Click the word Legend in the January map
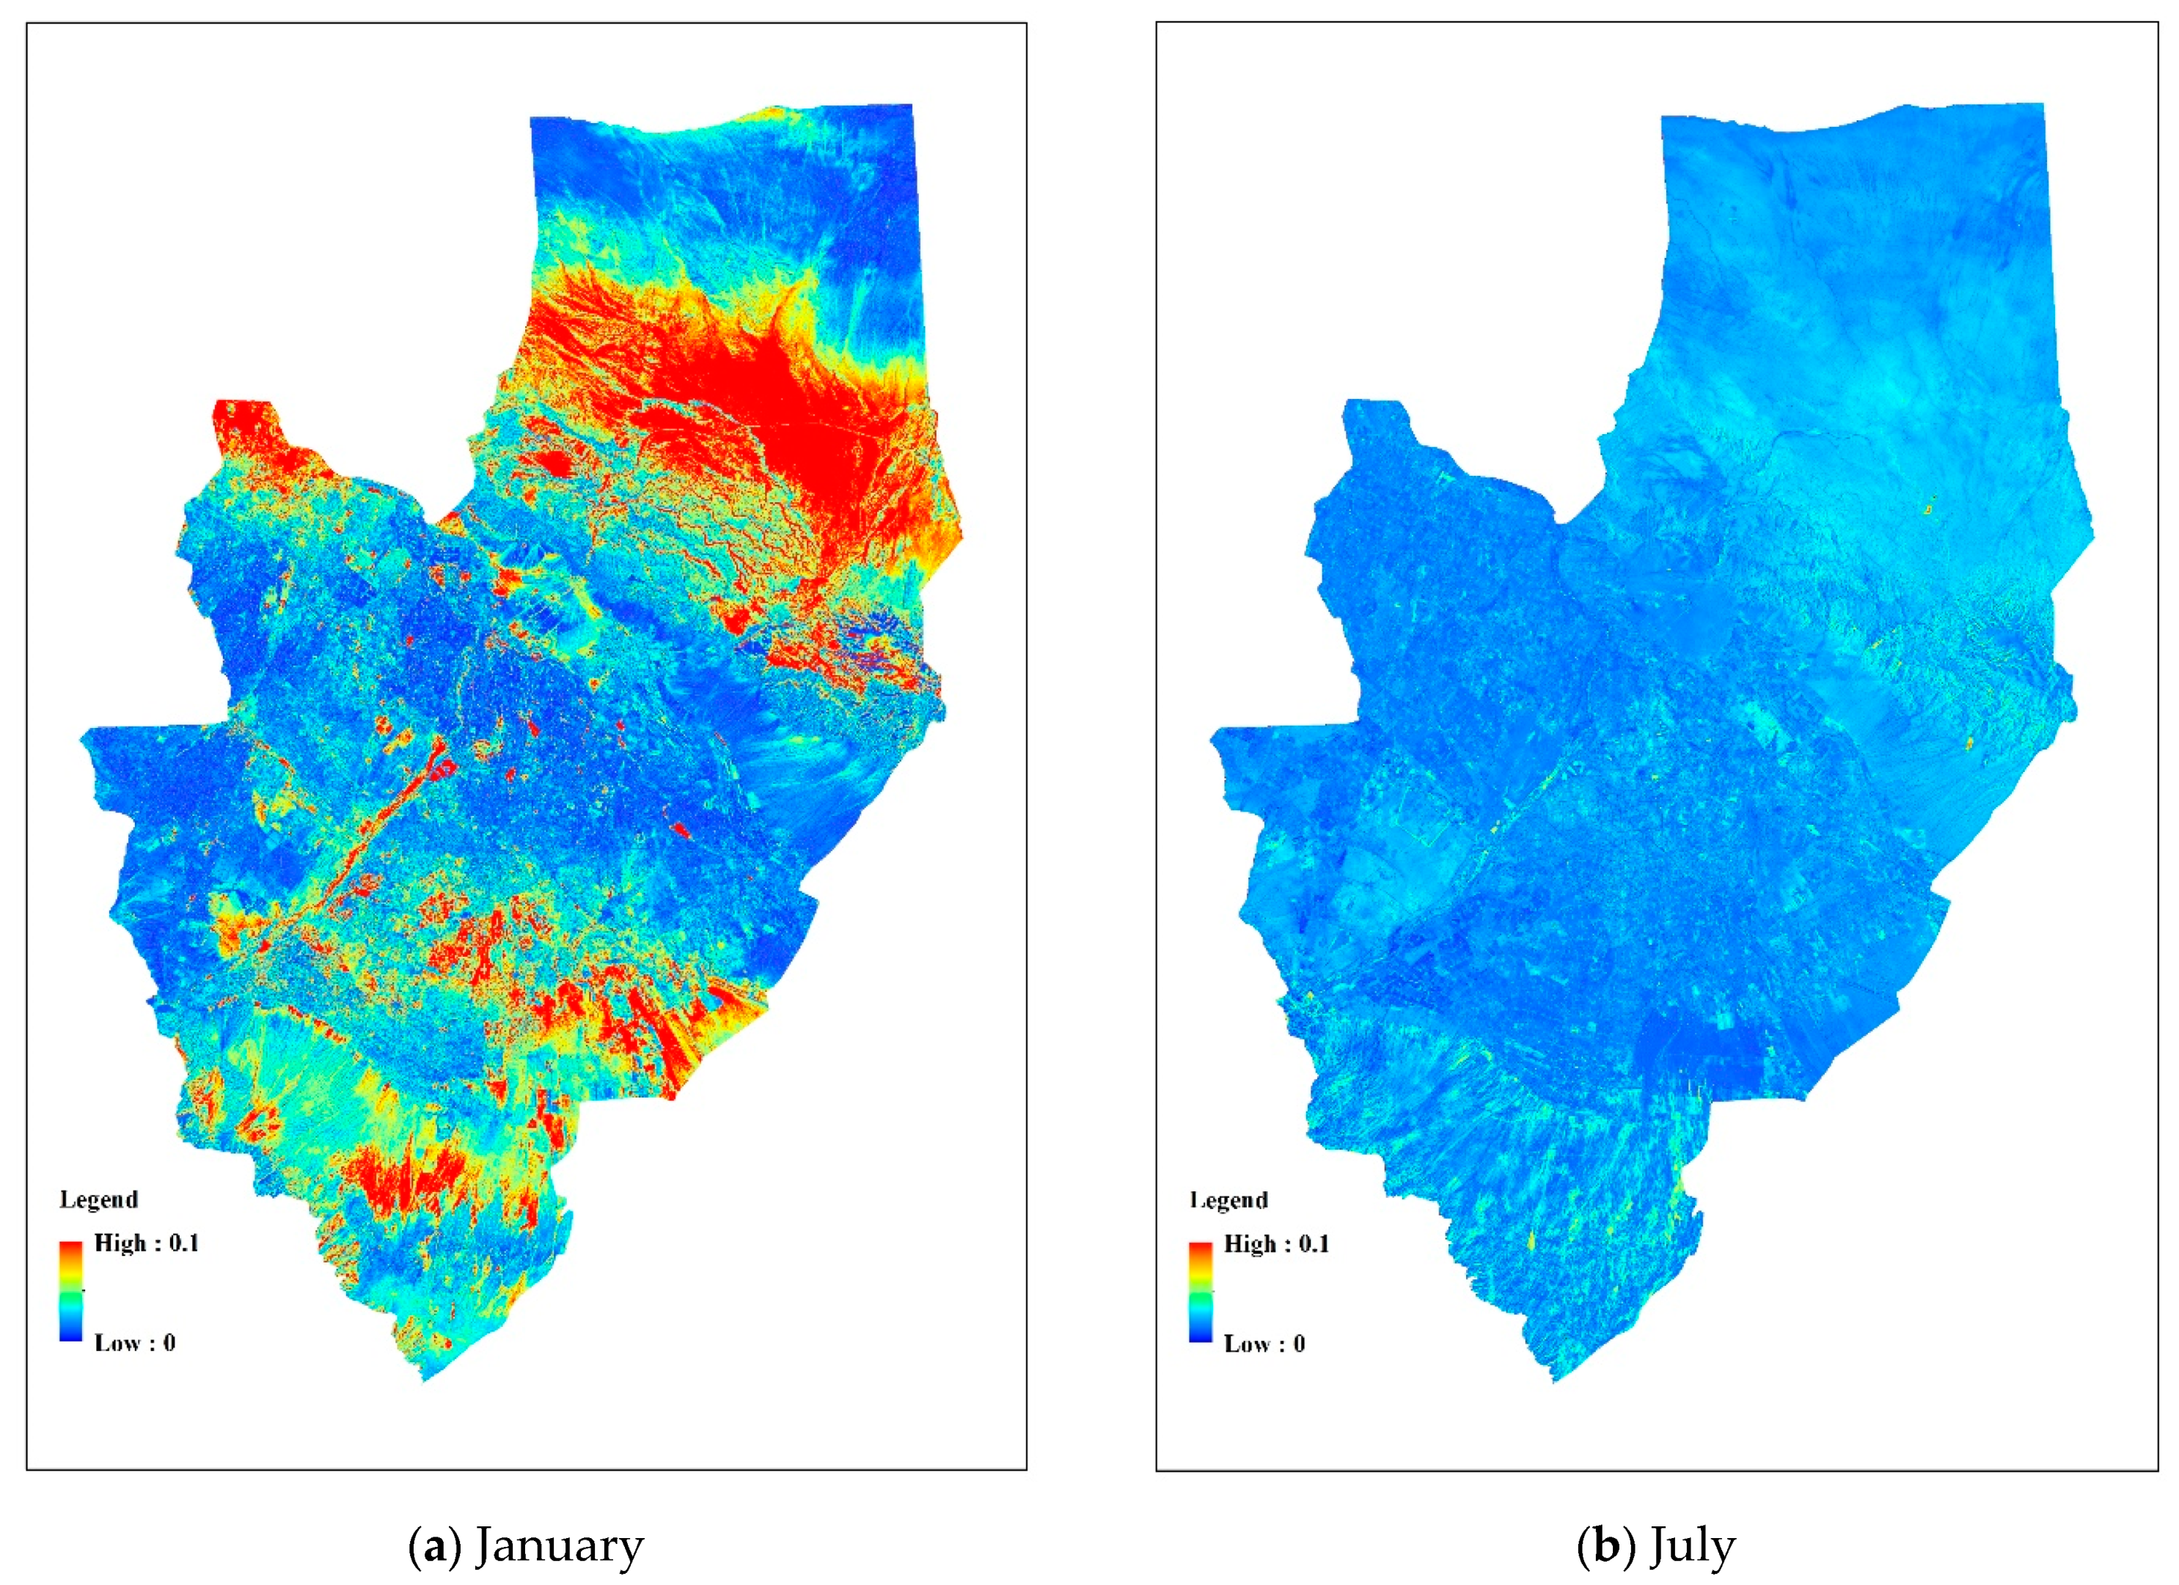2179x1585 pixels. point(99,1199)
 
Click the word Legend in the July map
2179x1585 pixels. point(1228,1200)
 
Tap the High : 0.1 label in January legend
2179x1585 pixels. point(146,1243)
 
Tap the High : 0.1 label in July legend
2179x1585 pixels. point(1276,1244)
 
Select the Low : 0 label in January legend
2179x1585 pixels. point(134,1343)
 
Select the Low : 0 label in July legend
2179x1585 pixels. point(1264,1344)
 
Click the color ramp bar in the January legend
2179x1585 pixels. point(71,1291)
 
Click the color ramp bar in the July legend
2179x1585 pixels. point(1200,1292)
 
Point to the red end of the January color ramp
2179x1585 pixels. point(71,1248)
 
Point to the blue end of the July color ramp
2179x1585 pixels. point(1200,1335)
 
